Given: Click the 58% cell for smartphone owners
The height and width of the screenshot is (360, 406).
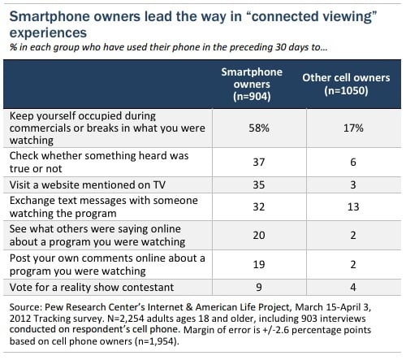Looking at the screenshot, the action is (x=259, y=128).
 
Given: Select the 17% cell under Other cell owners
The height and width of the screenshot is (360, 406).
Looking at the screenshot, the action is (x=353, y=128).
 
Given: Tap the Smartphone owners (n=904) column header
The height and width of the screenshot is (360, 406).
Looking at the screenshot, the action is (x=252, y=85).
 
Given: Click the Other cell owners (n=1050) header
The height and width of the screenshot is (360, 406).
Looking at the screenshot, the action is (x=346, y=85).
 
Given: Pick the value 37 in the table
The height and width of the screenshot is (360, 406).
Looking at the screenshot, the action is (x=259, y=162).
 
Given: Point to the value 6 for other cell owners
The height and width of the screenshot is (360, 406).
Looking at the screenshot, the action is (x=353, y=162).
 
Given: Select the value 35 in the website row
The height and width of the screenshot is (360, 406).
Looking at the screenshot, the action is (x=259, y=184).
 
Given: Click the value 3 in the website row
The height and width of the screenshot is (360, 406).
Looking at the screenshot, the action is (x=353, y=184).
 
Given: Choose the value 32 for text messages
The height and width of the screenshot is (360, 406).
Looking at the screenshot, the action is (x=259, y=206).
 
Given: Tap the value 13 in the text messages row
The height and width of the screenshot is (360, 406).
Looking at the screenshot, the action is (x=353, y=206).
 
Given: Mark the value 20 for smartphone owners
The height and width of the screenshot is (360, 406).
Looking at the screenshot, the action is (x=259, y=235).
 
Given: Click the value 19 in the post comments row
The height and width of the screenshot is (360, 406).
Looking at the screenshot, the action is (x=259, y=264).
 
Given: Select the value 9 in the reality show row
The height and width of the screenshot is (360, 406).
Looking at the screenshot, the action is (x=259, y=287).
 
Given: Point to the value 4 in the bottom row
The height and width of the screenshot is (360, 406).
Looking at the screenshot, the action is (x=353, y=287).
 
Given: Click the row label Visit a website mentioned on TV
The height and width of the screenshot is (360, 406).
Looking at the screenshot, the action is (x=88, y=184).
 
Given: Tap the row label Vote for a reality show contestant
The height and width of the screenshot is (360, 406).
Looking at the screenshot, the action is (x=92, y=287).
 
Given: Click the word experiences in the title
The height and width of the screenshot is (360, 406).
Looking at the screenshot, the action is (x=48, y=33).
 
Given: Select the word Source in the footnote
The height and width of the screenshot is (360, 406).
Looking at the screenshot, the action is (x=25, y=307).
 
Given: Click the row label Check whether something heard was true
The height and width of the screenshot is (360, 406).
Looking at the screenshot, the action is (x=99, y=162).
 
